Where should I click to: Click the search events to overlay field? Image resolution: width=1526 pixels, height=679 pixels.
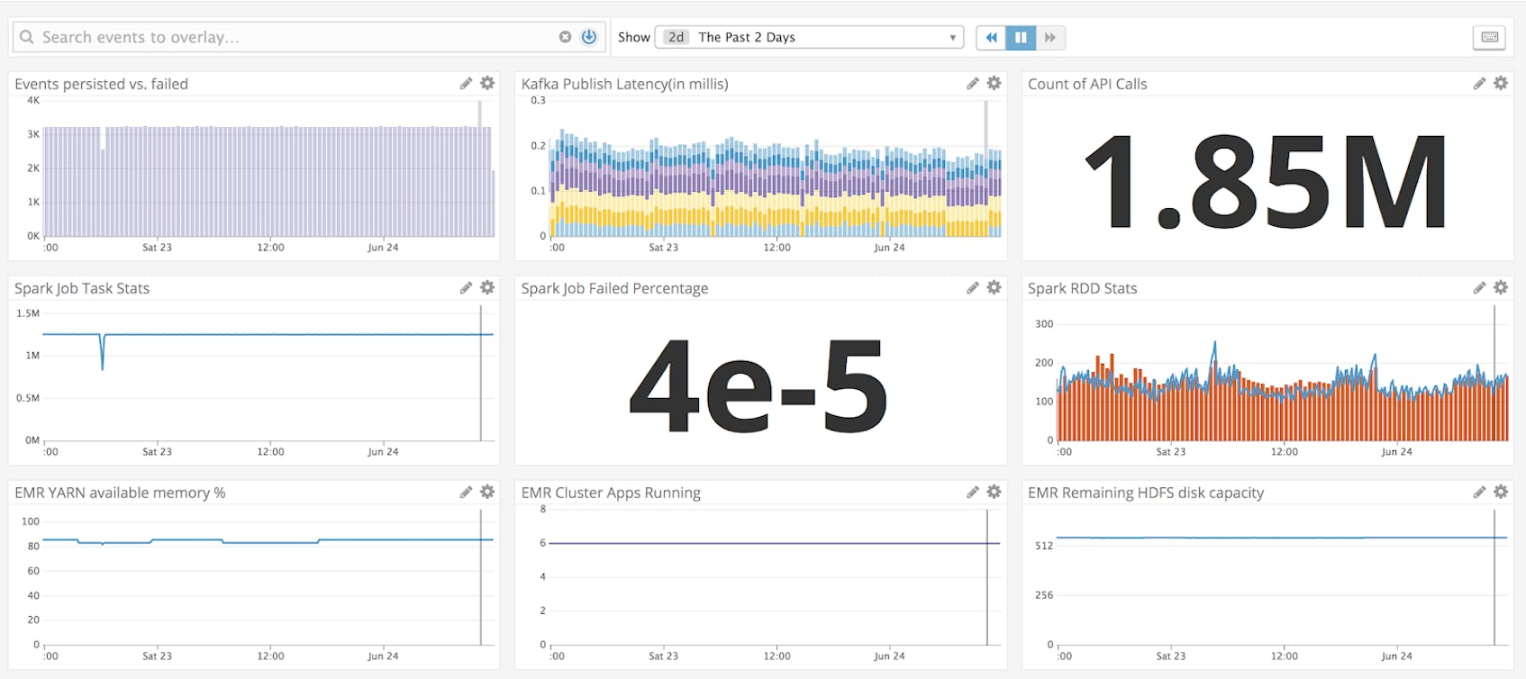pyautogui.click(x=288, y=37)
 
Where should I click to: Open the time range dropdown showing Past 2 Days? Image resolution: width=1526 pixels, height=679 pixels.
pyautogui.click(x=809, y=37)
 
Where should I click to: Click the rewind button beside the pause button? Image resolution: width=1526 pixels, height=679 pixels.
pyautogui.click(x=991, y=37)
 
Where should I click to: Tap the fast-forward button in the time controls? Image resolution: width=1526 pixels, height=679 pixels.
pyautogui.click(x=1050, y=37)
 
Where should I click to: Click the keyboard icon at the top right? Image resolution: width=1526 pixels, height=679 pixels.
pyautogui.click(x=1489, y=37)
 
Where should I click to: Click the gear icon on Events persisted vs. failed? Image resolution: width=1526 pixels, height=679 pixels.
pyautogui.click(x=487, y=83)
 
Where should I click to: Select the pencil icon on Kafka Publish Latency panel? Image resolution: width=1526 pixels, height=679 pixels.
pyautogui.click(x=972, y=83)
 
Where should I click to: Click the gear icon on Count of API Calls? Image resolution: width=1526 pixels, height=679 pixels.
pyautogui.click(x=1501, y=83)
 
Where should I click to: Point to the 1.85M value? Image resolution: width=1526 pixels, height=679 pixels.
pyautogui.click(x=1266, y=181)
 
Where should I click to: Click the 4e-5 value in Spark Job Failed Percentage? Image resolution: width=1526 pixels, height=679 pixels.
pyautogui.click(x=758, y=385)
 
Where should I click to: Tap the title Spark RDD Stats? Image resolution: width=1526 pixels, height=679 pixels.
pyautogui.click(x=1082, y=288)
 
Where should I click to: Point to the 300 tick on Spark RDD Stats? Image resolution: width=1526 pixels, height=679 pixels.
pyautogui.click(x=1044, y=324)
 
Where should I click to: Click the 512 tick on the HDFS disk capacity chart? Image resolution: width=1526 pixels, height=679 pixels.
pyautogui.click(x=1044, y=546)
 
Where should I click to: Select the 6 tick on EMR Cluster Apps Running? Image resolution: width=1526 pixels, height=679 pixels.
pyautogui.click(x=543, y=543)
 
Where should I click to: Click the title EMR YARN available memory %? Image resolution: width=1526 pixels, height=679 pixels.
pyautogui.click(x=120, y=493)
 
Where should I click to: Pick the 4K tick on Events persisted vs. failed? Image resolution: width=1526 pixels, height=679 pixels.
pyautogui.click(x=33, y=101)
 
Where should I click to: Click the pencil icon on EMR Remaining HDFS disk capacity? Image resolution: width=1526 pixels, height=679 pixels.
pyautogui.click(x=1479, y=492)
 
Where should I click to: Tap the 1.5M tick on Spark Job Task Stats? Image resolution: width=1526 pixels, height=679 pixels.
pyautogui.click(x=28, y=313)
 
